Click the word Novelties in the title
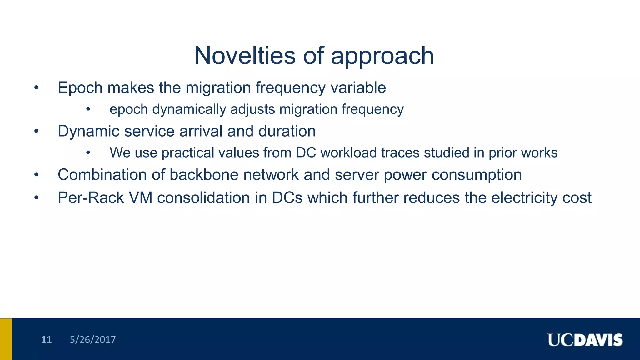point(244,56)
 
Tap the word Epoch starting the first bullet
point(80,88)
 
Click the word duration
point(287,131)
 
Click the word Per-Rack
point(91,198)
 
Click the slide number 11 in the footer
point(46,340)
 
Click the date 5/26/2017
point(92,340)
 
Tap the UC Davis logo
point(585,340)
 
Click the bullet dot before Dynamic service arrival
point(37,132)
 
